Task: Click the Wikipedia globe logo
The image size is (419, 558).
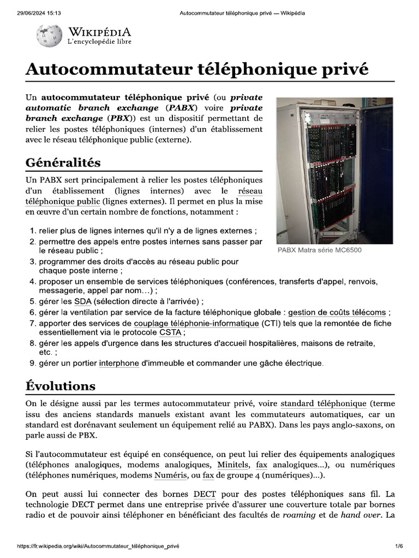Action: (49, 36)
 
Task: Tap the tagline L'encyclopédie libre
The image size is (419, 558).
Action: (99, 41)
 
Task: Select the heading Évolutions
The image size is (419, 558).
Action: (60, 386)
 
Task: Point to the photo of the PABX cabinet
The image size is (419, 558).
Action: (334, 171)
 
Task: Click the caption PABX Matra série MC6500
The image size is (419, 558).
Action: (319, 251)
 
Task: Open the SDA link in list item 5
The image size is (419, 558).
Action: (83, 301)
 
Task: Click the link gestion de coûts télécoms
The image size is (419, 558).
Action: (337, 312)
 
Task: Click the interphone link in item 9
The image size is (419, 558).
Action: (119, 363)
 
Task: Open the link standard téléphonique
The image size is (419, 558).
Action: (323, 404)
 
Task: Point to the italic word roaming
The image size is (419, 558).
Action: (299, 515)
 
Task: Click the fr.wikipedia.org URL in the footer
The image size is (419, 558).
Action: (98, 546)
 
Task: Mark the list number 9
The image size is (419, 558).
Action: (32, 363)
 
